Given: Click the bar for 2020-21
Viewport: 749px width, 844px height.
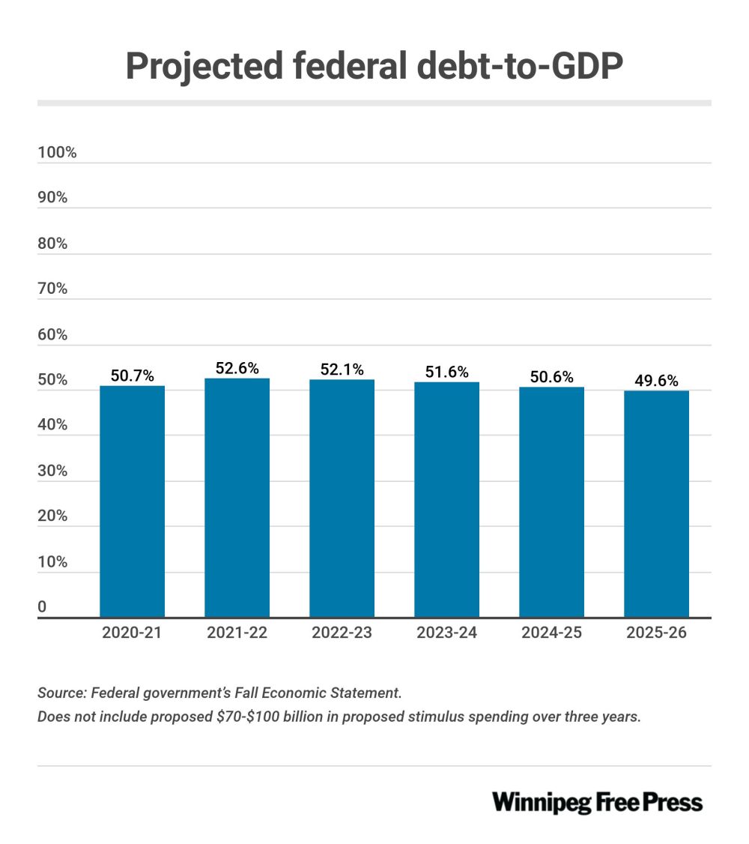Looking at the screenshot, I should point(132,501).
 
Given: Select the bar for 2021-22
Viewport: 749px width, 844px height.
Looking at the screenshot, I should point(237,498).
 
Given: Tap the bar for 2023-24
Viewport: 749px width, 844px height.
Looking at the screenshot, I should point(446,500).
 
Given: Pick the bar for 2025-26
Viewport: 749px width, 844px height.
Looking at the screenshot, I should point(656,504).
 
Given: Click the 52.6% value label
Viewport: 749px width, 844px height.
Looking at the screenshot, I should point(237,368).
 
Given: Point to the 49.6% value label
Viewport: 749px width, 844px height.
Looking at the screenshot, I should point(656,381).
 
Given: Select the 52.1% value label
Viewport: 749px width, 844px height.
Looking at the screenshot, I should point(342,370).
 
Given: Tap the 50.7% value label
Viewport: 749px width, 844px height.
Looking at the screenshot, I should point(132,376).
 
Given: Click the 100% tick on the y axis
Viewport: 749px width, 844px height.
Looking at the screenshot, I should point(57,153).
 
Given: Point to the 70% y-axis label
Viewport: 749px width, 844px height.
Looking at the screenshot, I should point(52,289).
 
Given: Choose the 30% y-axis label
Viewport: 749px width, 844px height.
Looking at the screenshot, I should point(52,471).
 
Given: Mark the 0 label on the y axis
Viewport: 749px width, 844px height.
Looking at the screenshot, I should point(42,606).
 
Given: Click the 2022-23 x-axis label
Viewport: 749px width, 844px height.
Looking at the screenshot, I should point(342,633).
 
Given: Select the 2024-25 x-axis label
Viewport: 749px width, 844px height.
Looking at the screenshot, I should point(551,633).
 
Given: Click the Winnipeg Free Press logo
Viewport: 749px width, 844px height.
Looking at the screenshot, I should point(597,802).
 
